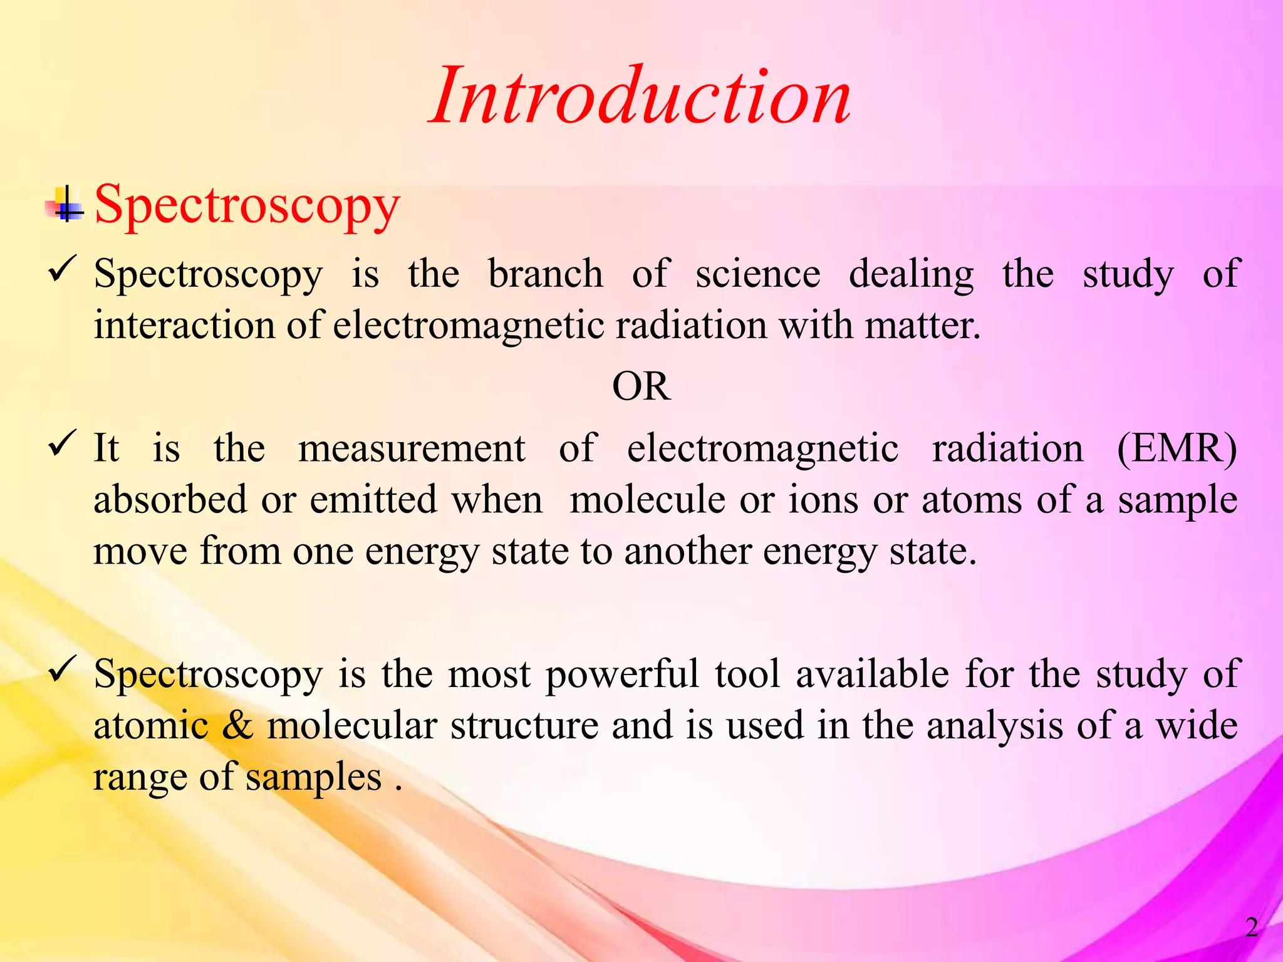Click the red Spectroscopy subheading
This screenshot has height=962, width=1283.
click(247, 205)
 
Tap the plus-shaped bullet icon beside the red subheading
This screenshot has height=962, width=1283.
click(66, 205)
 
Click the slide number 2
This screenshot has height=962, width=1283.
click(1252, 928)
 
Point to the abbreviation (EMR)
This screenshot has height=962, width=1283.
click(1177, 448)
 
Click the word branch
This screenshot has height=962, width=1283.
click(545, 274)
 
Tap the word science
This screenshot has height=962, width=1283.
click(757, 274)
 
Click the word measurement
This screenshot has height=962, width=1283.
click(412, 448)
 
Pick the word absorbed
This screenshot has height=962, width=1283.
click(170, 500)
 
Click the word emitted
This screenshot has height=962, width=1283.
click(373, 500)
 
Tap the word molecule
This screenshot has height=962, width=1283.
click(648, 500)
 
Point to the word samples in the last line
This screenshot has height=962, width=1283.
click(313, 778)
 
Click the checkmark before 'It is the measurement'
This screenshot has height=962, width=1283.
click(63, 443)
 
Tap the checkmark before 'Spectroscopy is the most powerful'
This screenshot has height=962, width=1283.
click(63, 669)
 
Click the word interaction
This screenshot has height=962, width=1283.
click(185, 326)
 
